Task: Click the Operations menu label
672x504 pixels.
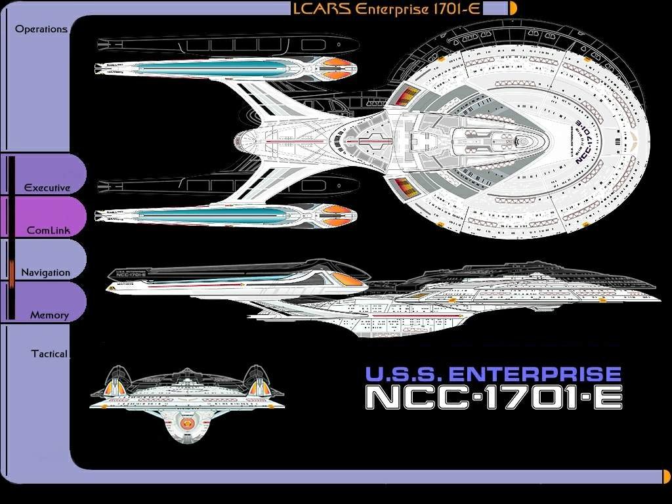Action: [x=41, y=29]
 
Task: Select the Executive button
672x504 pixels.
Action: [x=47, y=188]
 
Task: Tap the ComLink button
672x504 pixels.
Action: [x=48, y=230]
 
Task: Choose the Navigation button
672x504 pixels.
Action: [x=45, y=272]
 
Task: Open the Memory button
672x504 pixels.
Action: [x=49, y=315]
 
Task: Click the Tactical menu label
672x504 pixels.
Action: [x=49, y=354]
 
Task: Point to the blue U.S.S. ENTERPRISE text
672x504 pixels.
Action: [x=493, y=374]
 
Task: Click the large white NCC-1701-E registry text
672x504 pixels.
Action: [x=493, y=397]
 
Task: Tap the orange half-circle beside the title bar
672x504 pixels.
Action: [x=513, y=8]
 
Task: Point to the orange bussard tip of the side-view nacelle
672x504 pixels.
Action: [x=350, y=280]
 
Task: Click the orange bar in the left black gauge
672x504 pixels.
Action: [x=11, y=272]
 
